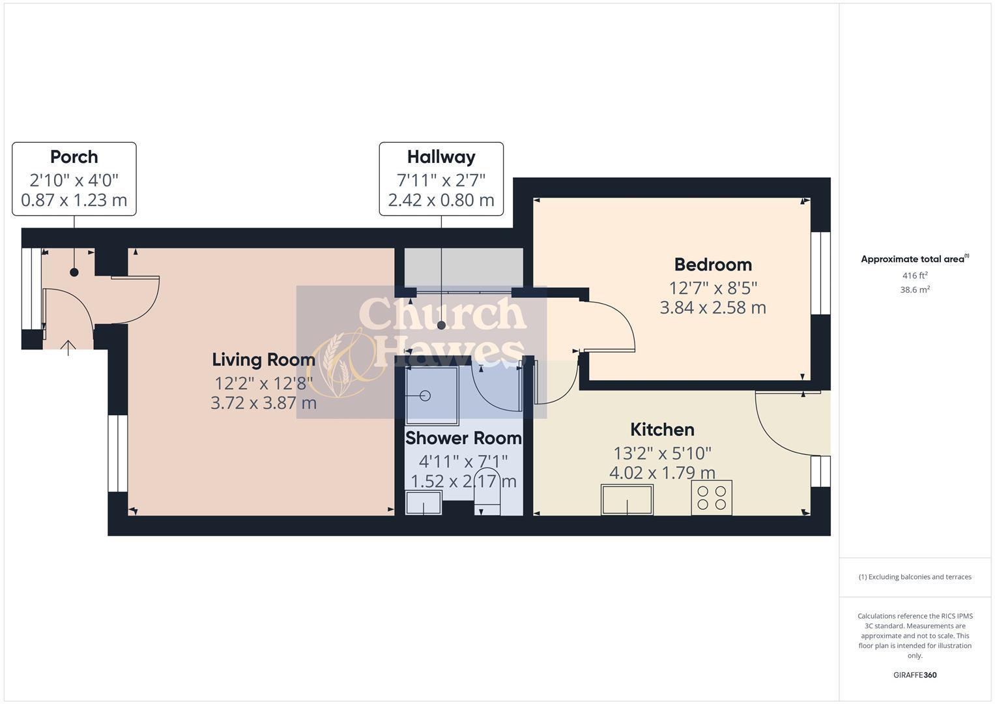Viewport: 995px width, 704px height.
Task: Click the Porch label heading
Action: pos(74,157)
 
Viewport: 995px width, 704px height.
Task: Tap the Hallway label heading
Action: pos(441,157)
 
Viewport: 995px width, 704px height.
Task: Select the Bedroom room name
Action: pos(713,265)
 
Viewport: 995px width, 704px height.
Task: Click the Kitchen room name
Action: pos(662,430)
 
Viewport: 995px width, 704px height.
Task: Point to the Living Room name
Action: pos(263,359)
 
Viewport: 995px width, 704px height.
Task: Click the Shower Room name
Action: pos(463,438)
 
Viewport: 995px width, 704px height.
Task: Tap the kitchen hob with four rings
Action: pos(712,498)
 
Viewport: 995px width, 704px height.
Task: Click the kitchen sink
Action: pos(627,500)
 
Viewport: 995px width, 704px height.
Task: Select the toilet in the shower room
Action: pos(489,492)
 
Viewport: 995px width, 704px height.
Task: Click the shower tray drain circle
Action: pos(426,395)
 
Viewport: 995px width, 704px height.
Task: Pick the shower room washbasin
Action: pos(424,503)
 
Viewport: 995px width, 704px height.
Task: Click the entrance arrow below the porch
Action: pos(68,347)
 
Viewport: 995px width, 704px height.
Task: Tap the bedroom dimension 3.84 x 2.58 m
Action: pos(713,308)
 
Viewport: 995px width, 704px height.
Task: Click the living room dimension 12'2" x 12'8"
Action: pos(263,382)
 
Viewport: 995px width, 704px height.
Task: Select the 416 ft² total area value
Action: pos(914,276)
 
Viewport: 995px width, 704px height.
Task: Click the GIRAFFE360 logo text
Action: pos(914,675)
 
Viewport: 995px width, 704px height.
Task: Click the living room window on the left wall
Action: pos(117,453)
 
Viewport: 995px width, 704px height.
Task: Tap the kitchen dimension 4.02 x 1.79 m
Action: pos(662,473)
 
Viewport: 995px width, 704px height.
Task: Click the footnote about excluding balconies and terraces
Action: pos(914,577)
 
